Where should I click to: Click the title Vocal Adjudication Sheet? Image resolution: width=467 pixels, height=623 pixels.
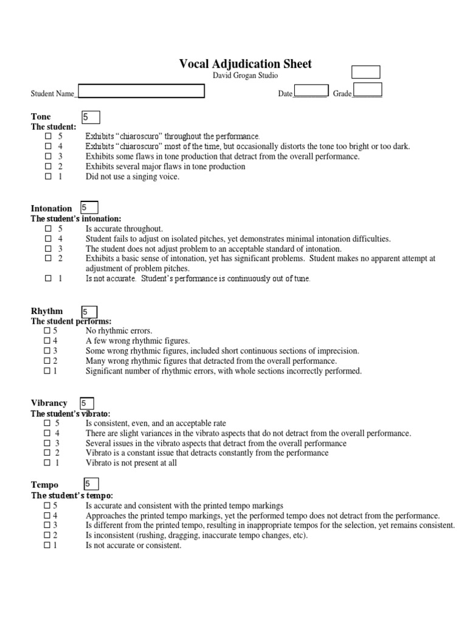tap(245, 64)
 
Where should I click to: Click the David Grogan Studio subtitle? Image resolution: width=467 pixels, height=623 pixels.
tap(245, 75)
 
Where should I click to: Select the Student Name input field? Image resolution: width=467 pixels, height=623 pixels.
tap(141, 91)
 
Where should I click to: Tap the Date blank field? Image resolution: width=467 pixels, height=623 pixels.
tap(311, 91)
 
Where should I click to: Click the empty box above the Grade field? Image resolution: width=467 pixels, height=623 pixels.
tap(365, 72)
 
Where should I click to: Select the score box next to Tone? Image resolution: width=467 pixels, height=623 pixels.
tap(90, 117)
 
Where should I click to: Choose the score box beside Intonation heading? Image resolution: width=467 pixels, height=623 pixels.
tap(89, 207)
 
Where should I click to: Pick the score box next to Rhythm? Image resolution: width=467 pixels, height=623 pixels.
tap(88, 311)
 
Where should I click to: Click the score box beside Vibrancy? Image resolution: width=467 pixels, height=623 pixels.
tap(86, 403)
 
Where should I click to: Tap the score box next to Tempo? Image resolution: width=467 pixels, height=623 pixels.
tap(90, 484)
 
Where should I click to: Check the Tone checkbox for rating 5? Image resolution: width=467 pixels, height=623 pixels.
tap(48, 136)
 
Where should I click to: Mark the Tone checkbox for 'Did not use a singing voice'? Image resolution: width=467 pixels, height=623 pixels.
tap(48, 177)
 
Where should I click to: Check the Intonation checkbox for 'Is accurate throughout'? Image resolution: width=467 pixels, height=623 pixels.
tap(48, 228)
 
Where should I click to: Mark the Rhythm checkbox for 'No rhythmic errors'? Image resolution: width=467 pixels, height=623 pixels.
tap(47, 331)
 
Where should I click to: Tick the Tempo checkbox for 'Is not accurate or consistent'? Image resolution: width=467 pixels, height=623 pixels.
tap(47, 546)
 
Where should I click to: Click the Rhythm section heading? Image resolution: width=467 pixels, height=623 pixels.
tap(47, 311)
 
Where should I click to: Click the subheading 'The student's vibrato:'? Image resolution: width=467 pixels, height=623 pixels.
tap(71, 414)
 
